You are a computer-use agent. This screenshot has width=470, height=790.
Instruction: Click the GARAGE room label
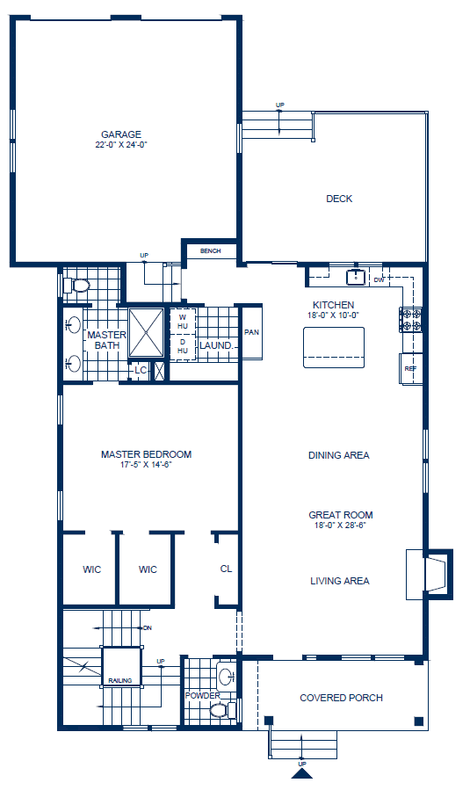[x=121, y=134]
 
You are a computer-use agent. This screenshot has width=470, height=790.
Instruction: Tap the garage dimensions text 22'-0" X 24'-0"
[x=121, y=144]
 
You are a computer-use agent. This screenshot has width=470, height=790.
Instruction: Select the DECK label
[x=339, y=199]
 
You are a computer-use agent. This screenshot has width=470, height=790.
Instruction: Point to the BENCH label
[x=210, y=251]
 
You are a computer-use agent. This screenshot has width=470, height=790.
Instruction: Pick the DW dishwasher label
[x=379, y=280]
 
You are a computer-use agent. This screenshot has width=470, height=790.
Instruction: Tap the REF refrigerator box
[x=410, y=368]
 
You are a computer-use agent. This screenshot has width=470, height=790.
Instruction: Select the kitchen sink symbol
[x=356, y=278]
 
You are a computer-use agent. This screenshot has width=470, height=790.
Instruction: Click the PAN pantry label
[x=251, y=333]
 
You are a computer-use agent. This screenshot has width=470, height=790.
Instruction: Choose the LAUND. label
[x=216, y=346]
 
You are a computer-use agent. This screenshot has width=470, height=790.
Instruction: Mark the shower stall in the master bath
[x=147, y=332]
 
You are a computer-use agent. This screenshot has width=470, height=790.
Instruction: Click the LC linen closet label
[x=140, y=370]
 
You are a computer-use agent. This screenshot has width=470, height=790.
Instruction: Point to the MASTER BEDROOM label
[x=146, y=454]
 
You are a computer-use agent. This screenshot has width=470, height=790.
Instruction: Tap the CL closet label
[x=226, y=569]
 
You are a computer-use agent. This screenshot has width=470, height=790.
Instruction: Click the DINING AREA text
[x=338, y=455]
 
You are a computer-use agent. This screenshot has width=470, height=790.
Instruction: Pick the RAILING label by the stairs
[x=120, y=680]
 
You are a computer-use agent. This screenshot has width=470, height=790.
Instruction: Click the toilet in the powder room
[x=226, y=707]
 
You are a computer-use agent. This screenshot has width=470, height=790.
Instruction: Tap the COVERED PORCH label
[x=341, y=698]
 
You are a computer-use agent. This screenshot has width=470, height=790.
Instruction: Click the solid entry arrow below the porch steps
[x=301, y=774]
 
